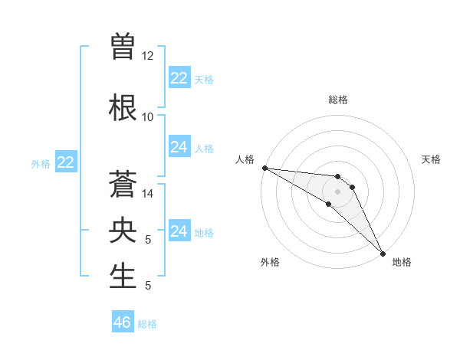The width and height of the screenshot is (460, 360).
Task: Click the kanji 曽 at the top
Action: click(123, 44)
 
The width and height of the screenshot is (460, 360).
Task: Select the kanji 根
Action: click(123, 105)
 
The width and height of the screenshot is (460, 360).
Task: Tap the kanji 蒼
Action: click(123, 181)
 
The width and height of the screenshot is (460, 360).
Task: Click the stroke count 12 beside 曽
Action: click(148, 56)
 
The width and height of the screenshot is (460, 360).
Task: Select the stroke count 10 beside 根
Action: click(148, 116)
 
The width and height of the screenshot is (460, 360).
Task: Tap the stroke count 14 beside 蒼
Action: click(148, 193)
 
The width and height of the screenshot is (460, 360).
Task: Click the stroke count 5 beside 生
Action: click(148, 286)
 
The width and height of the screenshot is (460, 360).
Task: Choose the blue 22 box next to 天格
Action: click(179, 78)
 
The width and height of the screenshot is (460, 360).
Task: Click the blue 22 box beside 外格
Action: click(65, 162)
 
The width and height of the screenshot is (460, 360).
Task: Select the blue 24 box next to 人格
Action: click(179, 147)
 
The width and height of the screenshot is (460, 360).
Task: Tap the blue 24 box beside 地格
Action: click(179, 231)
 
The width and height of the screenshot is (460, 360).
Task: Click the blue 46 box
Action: click(123, 322)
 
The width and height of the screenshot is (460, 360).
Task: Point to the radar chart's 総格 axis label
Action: click(338, 100)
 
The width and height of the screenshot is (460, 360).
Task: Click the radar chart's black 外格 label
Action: click(270, 262)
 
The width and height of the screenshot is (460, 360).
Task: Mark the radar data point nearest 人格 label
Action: click(264, 168)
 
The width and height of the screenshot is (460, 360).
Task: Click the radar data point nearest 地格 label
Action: click(383, 253)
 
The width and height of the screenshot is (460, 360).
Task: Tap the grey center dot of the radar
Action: click(338, 191)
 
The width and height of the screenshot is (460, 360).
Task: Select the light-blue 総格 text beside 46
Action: click(148, 324)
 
